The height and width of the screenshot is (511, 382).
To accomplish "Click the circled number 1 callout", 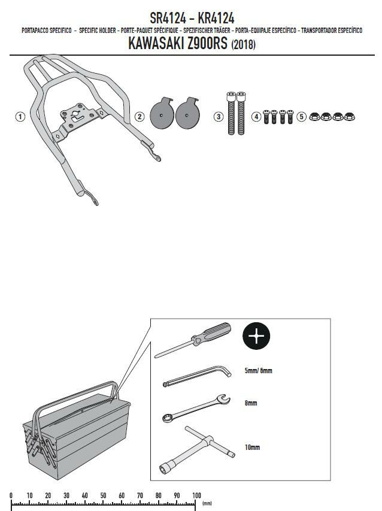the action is [20, 117].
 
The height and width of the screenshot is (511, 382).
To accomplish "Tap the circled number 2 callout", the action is [140, 117].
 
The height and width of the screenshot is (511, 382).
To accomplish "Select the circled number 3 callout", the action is [218, 117].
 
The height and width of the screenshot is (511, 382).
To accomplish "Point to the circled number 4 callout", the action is [257, 117].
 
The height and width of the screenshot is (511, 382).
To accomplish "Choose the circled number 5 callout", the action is [302, 117].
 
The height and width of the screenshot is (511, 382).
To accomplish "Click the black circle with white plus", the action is [256, 336].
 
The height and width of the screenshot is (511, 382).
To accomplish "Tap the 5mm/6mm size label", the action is [258, 371].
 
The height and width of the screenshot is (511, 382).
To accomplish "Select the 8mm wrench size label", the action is [251, 403].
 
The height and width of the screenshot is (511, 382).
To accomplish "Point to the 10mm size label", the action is [253, 447].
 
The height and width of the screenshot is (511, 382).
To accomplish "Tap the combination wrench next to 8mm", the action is [196, 409].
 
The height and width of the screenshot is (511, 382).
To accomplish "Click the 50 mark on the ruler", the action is [103, 495].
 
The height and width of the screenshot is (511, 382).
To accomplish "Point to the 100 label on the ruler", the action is [196, 495].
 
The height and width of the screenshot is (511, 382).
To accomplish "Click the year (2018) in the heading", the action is [243, 45].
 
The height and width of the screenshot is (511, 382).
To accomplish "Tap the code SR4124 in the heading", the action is [168, 18].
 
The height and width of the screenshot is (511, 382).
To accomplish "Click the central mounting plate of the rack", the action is [78, 117].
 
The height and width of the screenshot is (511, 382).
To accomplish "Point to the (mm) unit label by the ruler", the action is [207, 504].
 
